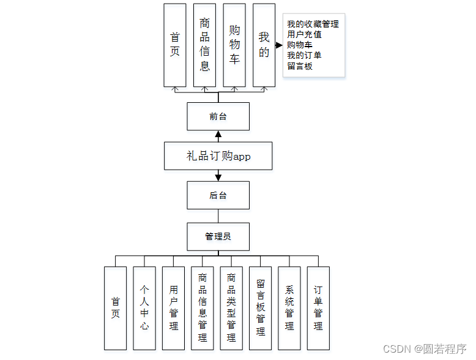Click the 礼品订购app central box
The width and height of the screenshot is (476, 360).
[x=218, y=156]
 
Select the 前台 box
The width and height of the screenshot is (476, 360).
[x=218, y=116]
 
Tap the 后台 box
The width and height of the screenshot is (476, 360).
[x=218, y=195]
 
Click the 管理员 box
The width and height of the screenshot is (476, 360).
[x=218, y=236]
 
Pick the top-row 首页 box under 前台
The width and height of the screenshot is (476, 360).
[x=175, y=45]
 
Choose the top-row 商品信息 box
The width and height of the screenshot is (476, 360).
[x=204, y=45]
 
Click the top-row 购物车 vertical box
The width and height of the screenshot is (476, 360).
[x=234, y=45]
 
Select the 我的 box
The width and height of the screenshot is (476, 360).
[x=264, y=45]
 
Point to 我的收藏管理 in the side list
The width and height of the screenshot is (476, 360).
[x=313, y=24]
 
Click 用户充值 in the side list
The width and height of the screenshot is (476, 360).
[x=304, y=35]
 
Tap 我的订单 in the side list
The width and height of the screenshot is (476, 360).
[x=304, y=56]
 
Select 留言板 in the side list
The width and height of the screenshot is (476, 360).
[x=300, y=66]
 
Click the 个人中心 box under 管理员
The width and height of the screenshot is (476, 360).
[x=144, y=308]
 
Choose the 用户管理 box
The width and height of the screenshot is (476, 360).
[x=173, y=308]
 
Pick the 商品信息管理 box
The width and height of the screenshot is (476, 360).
[x=203, y=308]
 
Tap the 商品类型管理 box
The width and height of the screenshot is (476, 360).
[x=231, y=308]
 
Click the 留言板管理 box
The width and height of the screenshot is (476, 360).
[x=261, y=308]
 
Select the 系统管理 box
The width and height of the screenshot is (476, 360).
[x=289, y=308]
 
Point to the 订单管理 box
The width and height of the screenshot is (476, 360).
[x=318, y=308]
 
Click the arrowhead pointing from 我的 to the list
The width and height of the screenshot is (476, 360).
[x=279, y=45]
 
